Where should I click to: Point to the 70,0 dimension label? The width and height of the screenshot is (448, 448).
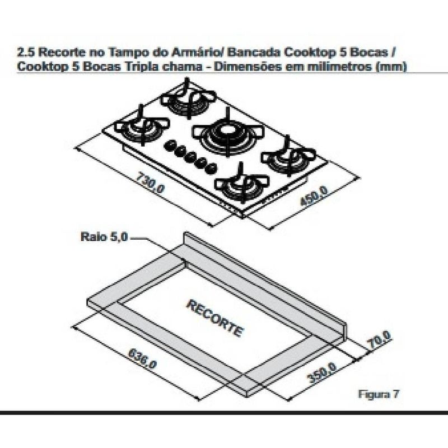[380, 339]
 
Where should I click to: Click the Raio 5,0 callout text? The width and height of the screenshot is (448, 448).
[104, 237]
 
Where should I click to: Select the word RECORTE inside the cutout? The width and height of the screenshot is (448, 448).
[215, 318]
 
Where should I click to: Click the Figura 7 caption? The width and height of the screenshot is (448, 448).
[379, 394]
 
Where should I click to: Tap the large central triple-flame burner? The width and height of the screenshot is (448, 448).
[227, 132]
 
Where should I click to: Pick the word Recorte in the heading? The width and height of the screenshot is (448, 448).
[62, 52]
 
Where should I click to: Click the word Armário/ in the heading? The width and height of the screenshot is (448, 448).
[198, 52]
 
